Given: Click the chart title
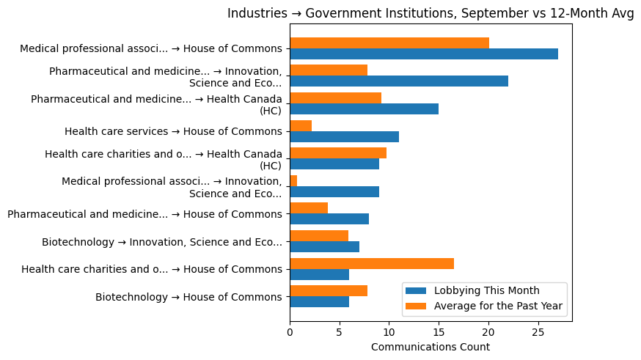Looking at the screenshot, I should coord(431,14).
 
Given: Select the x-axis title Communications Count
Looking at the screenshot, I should coord(431,346).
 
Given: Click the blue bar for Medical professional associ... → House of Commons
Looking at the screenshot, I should coord(424,54).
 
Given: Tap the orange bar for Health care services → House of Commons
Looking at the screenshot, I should coord(301,126).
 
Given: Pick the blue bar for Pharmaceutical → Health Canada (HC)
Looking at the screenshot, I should coord(364,109).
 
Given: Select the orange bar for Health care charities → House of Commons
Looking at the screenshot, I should coord(372,263).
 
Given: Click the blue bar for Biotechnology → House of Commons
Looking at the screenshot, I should coord(319,302).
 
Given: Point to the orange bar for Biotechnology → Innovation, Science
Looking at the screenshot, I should coord(319,236).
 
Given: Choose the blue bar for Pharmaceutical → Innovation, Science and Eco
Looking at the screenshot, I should coord(399,81).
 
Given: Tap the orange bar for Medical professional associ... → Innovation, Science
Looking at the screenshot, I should coord(293,180).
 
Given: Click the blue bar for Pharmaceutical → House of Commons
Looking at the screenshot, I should coord(329,219).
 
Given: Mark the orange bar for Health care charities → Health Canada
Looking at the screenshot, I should coord(338,153).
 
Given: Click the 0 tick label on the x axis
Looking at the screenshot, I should coord(290,332).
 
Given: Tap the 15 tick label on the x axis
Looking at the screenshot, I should coord(439,332).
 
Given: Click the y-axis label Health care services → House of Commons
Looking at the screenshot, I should coord(173,132).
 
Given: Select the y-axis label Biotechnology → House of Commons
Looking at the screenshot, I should coord(188,297).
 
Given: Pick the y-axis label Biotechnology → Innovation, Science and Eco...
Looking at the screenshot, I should coord(162,242).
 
